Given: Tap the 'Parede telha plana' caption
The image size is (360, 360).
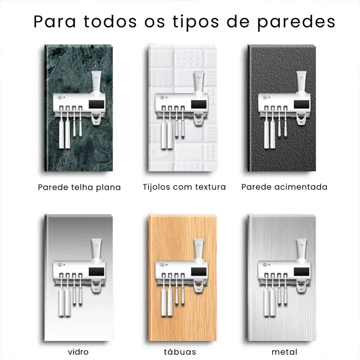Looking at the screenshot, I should [79, 187].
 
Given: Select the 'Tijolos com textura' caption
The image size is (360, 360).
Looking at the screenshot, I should [184, 187].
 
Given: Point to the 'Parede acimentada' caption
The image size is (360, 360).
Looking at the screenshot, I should [284, 187].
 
